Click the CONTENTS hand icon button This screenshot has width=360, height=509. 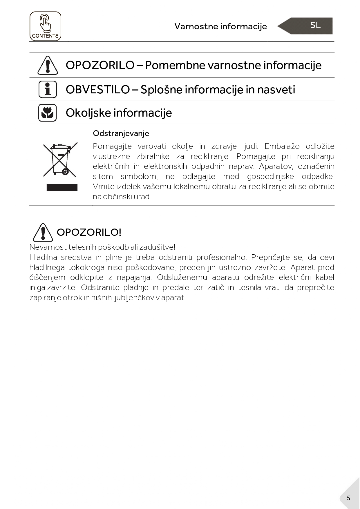45,26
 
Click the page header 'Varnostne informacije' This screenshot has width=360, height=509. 220,26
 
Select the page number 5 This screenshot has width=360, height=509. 348,498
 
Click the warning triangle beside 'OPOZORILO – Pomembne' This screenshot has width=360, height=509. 48,65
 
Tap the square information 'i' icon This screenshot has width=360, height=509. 48,89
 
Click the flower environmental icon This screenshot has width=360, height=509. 48,113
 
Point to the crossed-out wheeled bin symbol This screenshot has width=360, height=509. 60,160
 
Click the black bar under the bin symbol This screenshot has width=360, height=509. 62,188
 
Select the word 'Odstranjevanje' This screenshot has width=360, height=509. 121,133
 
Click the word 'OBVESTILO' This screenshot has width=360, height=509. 98,90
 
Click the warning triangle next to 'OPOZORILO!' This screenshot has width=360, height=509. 43,232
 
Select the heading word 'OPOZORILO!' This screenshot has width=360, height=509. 89,232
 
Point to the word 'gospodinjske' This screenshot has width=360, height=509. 270,176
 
